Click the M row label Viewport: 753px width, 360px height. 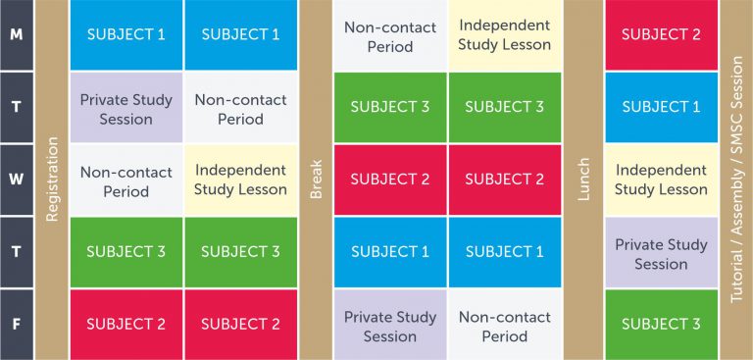click(x=16, y=34)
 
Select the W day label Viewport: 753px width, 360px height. click(x=16, y=180)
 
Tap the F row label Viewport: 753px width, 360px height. click(x=16, y=324)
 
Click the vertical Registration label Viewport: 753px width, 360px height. click(x=53, y=180)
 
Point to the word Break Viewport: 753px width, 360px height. click(x=316, y=180)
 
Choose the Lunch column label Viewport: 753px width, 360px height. click(x=583, y=180)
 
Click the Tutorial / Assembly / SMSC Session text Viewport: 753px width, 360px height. click(x=736, y=180)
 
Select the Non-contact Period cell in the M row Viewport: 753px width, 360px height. click(x=389, y=34)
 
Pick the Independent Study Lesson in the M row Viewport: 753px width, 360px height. click(x=504, y=34)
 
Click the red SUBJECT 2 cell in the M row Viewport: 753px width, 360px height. click(x=661, y=34)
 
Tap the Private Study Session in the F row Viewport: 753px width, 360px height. click(x=389, y=326)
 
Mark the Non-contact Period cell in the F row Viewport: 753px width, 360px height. click(x=504, y=326)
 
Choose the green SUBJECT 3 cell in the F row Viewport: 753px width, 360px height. click(x=661, y=324)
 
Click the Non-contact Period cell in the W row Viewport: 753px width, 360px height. click(x=125, y=180)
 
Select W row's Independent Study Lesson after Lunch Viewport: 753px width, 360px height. click(x=661, y=180)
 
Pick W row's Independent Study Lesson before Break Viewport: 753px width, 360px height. click(x=240, y=180)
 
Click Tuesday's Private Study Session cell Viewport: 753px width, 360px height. click(x=125, y=108)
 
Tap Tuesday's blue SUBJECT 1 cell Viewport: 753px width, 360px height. click(x=661, y=107)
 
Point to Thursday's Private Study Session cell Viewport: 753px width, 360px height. click(x=661, y=253)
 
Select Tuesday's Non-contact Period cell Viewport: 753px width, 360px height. click(x=240, y=108)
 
